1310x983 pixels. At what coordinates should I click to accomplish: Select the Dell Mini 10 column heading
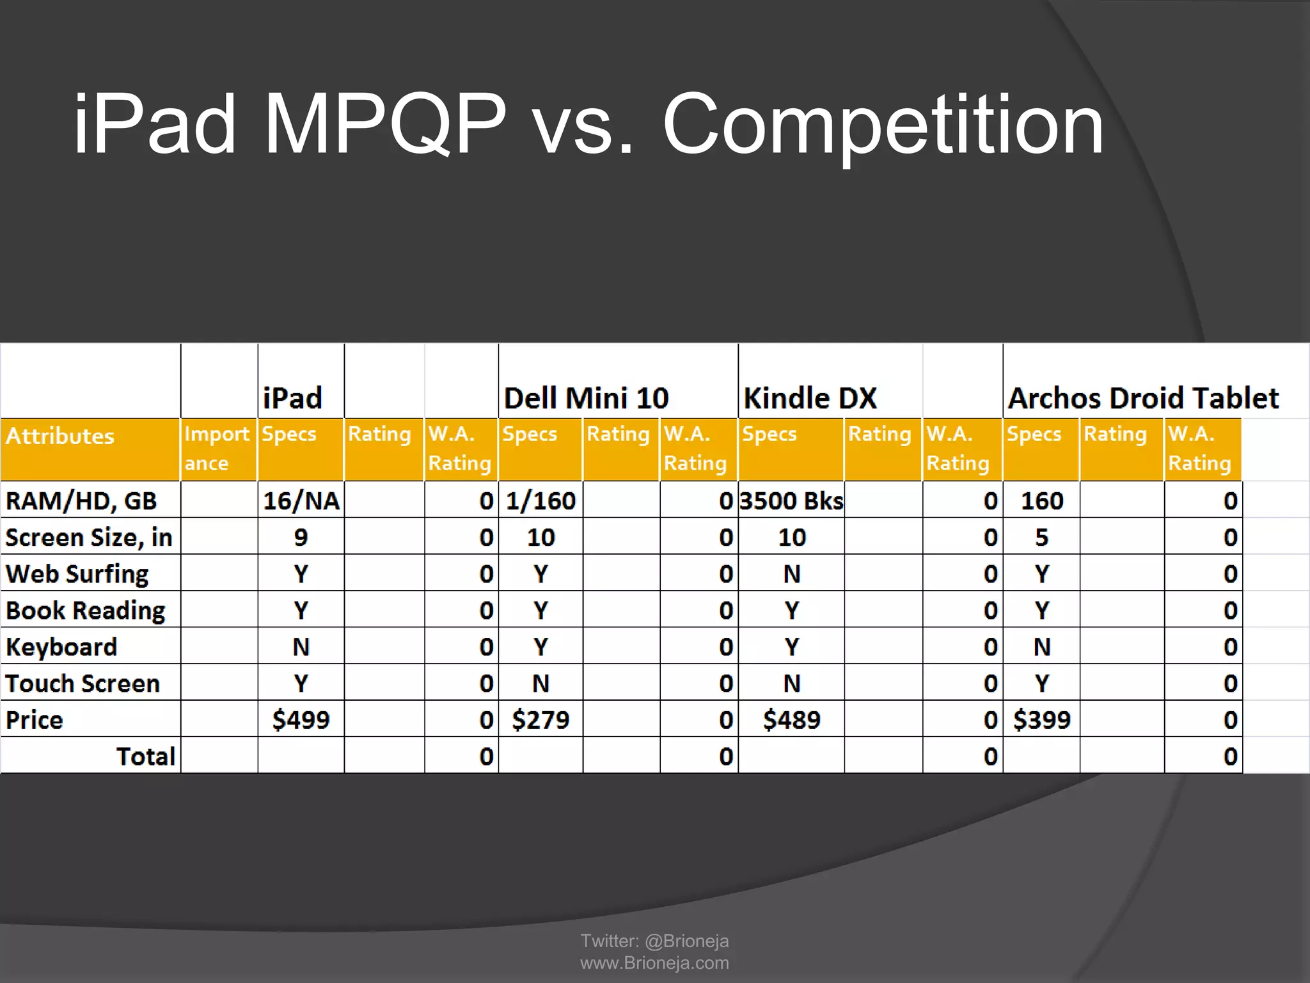click(x=586, y=398)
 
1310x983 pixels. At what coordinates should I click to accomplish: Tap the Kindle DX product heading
click(x=810, y=398)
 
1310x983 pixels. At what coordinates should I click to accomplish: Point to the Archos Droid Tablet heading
click(x=1143, y=398)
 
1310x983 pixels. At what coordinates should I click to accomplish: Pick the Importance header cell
click(x=217, y=448)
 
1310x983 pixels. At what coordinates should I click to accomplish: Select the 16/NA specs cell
click(x=301, y=500)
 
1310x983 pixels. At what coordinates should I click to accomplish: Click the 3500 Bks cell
click(x=791, y=500)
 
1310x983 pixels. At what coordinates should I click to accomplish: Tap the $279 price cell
click(x=541, y=720)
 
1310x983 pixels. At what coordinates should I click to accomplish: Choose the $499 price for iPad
click(x=301, y=720)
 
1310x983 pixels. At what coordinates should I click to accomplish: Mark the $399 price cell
click(x=1041, y=720)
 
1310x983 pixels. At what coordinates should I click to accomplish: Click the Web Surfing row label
click(x=77, y=574)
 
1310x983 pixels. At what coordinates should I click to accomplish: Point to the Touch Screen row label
click(x=83, y=683)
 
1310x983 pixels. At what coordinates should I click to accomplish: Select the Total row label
click(x=145, y=756)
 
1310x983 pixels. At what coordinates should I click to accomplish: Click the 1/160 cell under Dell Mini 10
click(x=541, y=500)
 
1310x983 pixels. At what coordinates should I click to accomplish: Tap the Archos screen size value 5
click(x=1041, y=538)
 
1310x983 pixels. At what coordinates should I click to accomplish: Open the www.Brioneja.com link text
click(x=654, y=963)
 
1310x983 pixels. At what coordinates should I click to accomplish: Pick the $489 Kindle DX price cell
click(x=791, y=720)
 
